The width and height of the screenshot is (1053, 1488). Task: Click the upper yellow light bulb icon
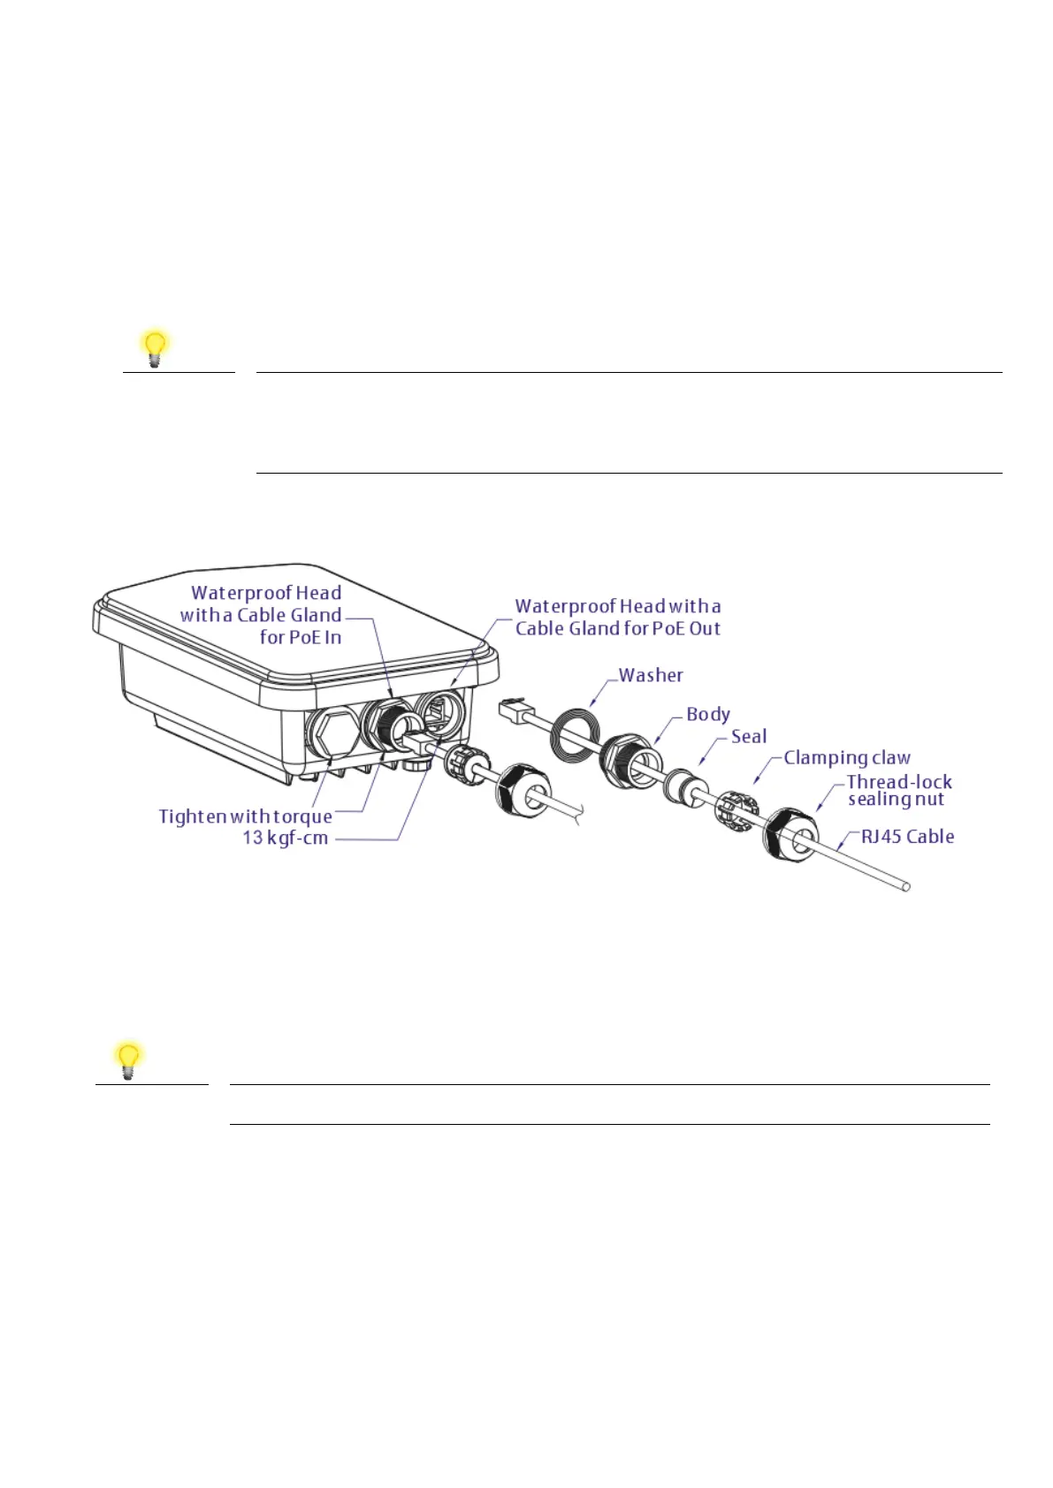pos(155,348)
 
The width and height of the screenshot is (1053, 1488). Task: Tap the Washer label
pos(651,675)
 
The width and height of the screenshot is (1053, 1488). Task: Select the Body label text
pos(708,714)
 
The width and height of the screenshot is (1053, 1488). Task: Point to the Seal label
pos(749,736)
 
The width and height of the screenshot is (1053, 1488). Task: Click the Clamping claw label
pos(847,758)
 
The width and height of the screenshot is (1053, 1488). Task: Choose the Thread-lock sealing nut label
pos(898,790)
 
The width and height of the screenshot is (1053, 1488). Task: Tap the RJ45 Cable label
pos(907,837)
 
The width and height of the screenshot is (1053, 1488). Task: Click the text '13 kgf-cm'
pos(286,838)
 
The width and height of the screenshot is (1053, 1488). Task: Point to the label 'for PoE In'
pos(301,637)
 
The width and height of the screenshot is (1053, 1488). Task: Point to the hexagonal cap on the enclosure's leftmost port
pos(332,733)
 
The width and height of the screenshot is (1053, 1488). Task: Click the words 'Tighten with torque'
pos(246,816)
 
